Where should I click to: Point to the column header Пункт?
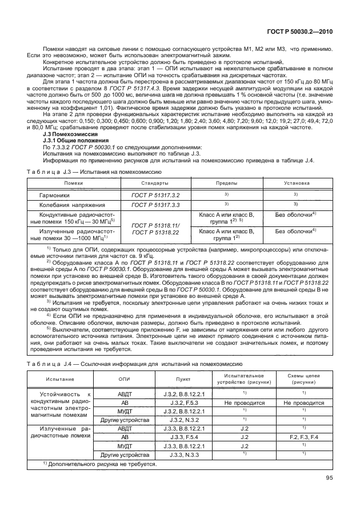(180, 379)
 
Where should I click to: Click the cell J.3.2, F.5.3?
(180, 403)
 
